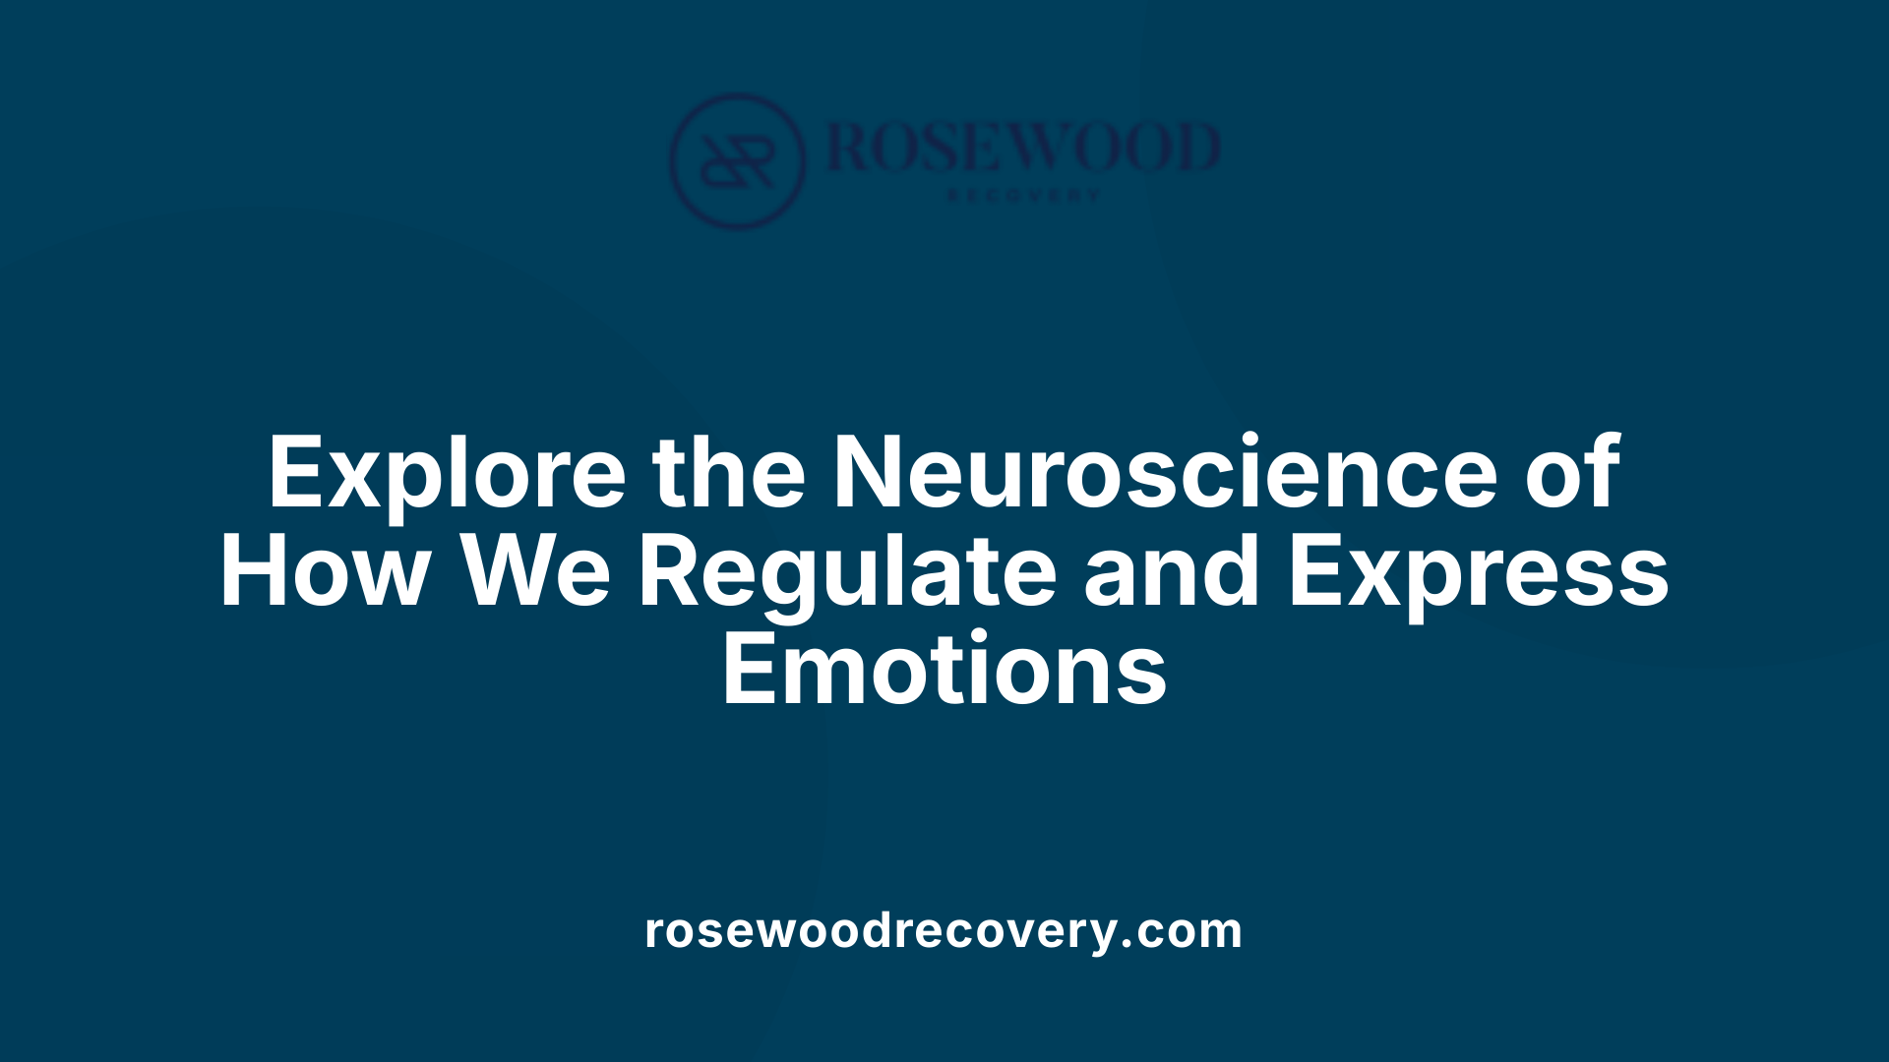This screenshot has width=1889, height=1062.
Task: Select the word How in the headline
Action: pyautogui.click(x=326, y=572)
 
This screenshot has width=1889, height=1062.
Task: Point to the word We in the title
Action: pyautogui.click(x=537, y=572)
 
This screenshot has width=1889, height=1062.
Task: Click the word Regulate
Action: pyautogui.click(x=847, y=574)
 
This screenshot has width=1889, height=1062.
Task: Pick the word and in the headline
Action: pyautogui.click(x=1172, y=572)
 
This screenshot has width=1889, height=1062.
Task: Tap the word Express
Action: pyautogui.click(x=1479, y=574)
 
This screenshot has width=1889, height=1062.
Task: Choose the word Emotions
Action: pyautogui.click(x=944, y=671)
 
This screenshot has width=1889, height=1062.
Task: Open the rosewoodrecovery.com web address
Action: pyautogui.click(x=944, y=930)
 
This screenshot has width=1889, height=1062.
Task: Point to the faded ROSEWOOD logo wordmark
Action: pyautogui.click(x=1023, y=147)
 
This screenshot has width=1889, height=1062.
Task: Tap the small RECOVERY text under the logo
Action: pyautogui.click(x=1023, y=196)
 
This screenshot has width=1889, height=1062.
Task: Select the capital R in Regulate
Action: pyautogui.click(x=670, y=572)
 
